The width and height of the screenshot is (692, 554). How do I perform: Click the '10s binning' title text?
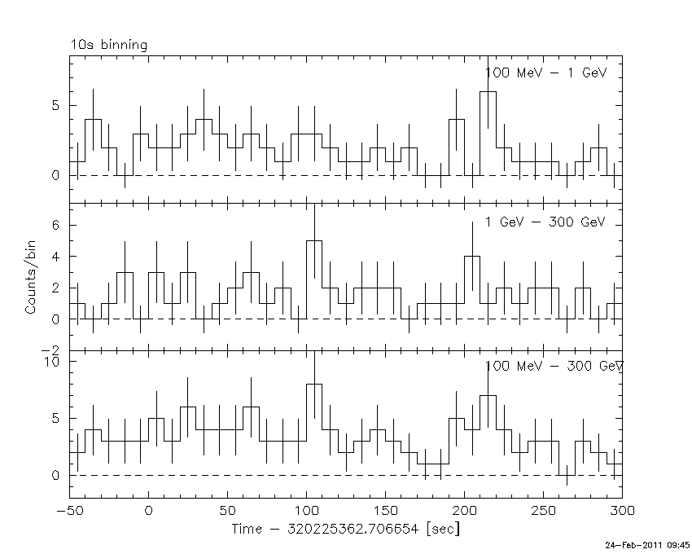(108, 46)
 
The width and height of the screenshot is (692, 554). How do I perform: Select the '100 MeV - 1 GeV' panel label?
(546, 73)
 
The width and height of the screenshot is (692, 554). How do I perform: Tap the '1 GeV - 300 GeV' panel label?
(546, 222)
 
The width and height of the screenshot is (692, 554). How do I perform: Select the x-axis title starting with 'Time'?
(345, 530)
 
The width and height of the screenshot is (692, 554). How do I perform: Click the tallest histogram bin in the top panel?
(488, 92)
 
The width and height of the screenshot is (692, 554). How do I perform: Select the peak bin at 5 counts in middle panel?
(314, 241)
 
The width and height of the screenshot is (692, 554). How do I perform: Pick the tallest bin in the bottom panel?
(314, 385)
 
